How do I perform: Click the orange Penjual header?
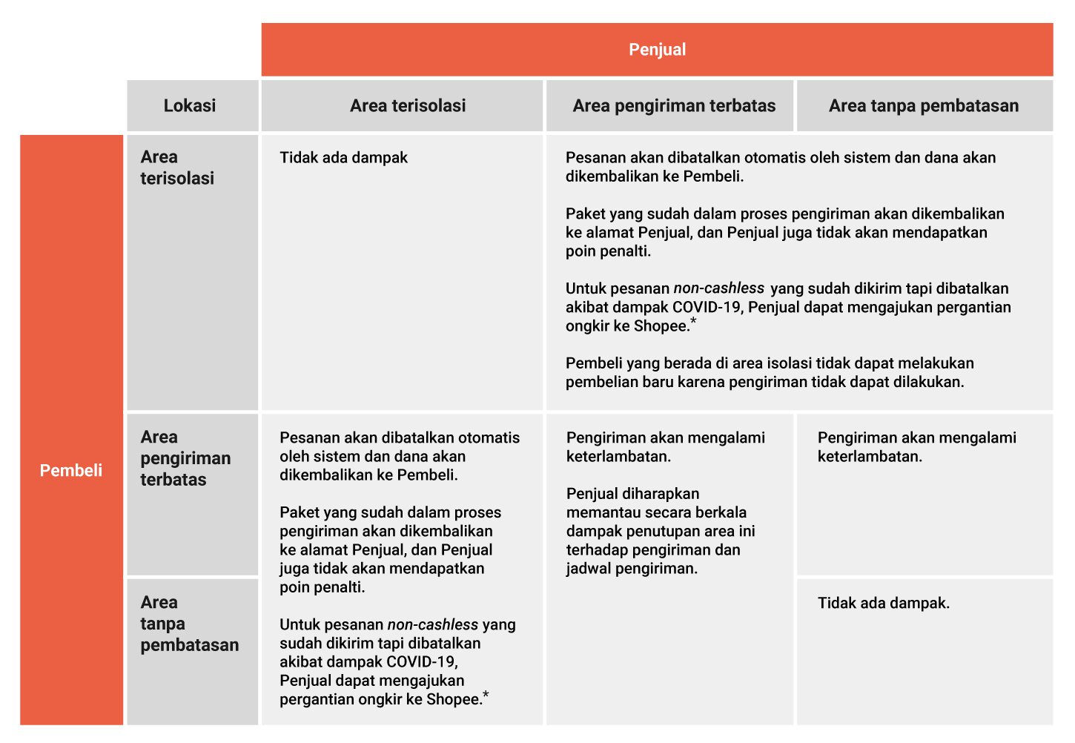coord(657,50)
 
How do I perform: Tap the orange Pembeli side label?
coord(71,470)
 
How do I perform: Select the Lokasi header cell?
coord(190,105)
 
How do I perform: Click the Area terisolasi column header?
coord(408,105)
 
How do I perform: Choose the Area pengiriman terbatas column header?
coord(674,105)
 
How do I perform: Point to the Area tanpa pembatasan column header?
coord(924,105)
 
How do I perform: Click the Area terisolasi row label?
coord(177,168)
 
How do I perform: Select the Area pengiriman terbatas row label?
coord(185,458)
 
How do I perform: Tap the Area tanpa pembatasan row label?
coord(189,624)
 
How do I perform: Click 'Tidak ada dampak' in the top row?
coord(343,157)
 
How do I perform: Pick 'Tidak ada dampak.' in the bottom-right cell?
coord(884,603)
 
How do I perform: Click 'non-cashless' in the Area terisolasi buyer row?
coord(718,288)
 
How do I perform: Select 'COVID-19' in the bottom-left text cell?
coord(422,661)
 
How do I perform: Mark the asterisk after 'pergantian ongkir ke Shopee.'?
coord(486,695)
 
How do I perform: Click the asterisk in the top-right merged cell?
coord(693,321)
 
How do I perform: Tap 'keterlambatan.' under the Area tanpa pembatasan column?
coord(870,456)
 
